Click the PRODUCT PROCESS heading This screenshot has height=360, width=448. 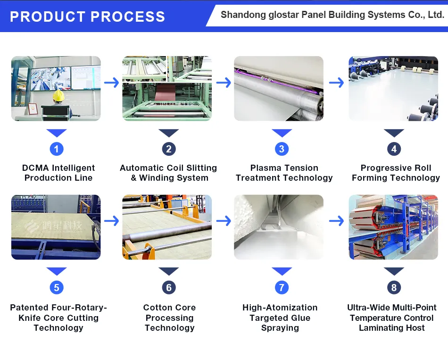pyautogui.click(x=88, y=17)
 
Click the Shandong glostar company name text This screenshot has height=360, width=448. pyautogui.click(x=332, y=15)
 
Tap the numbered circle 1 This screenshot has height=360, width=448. pyautogui.click(x=57, y=149)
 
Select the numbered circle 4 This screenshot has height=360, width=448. pyautogui.click(x=394, y=149)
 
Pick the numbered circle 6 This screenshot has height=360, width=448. pyautogui.click(x=169, y=287)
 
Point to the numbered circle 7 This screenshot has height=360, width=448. pyautogui.click(x=282, y=287)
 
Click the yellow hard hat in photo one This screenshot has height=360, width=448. pyautogui.click(x=58, y=96)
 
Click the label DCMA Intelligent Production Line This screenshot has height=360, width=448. pyautogui.click(x=58, y=173)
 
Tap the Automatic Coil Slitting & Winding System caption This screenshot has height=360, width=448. pyautogui.click(x=169, y=173)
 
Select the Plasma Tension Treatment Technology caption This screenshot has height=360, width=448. pyautogui.click(x=284, y=173)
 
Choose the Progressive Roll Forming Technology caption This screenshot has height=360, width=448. pyautogui.click(x=396, y=173)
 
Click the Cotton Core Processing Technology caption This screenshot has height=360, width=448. pyautogui.click(x=169, y=318)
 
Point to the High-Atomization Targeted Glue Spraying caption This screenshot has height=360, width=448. pyautogui.click(x=280, y=318)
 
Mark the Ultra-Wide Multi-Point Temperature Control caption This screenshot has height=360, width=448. pyautogui.click(x=392, y=318)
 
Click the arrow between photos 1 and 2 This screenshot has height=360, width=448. pyautogui.click(x=112, y=83)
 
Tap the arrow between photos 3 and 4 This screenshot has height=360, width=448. pyautogui.click(x=336, y=83)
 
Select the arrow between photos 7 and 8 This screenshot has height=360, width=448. pyautogui.click(x=336, y=220)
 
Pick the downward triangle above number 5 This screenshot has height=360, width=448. pyautogui.click(x=57, y=271)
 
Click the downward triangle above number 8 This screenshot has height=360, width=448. pyautogui.click(x=394, y=271)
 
